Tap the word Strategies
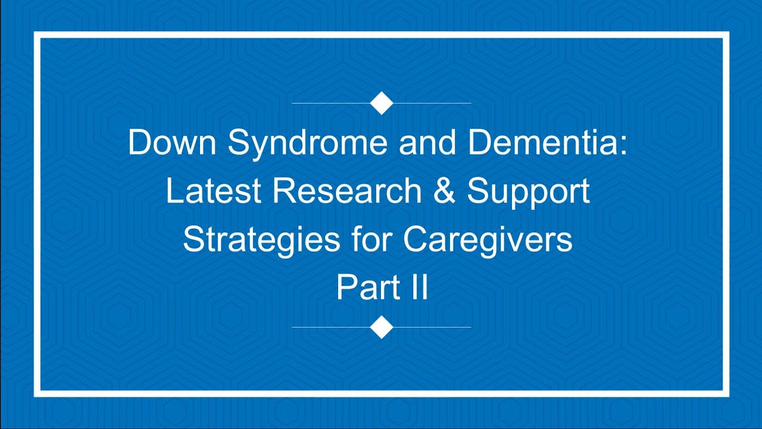[260, 240]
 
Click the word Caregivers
[488, 240]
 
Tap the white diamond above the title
[382, 103]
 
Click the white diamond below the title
[382, 327]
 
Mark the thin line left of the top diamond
[330, 103]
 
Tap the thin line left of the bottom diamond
[330, 327]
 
